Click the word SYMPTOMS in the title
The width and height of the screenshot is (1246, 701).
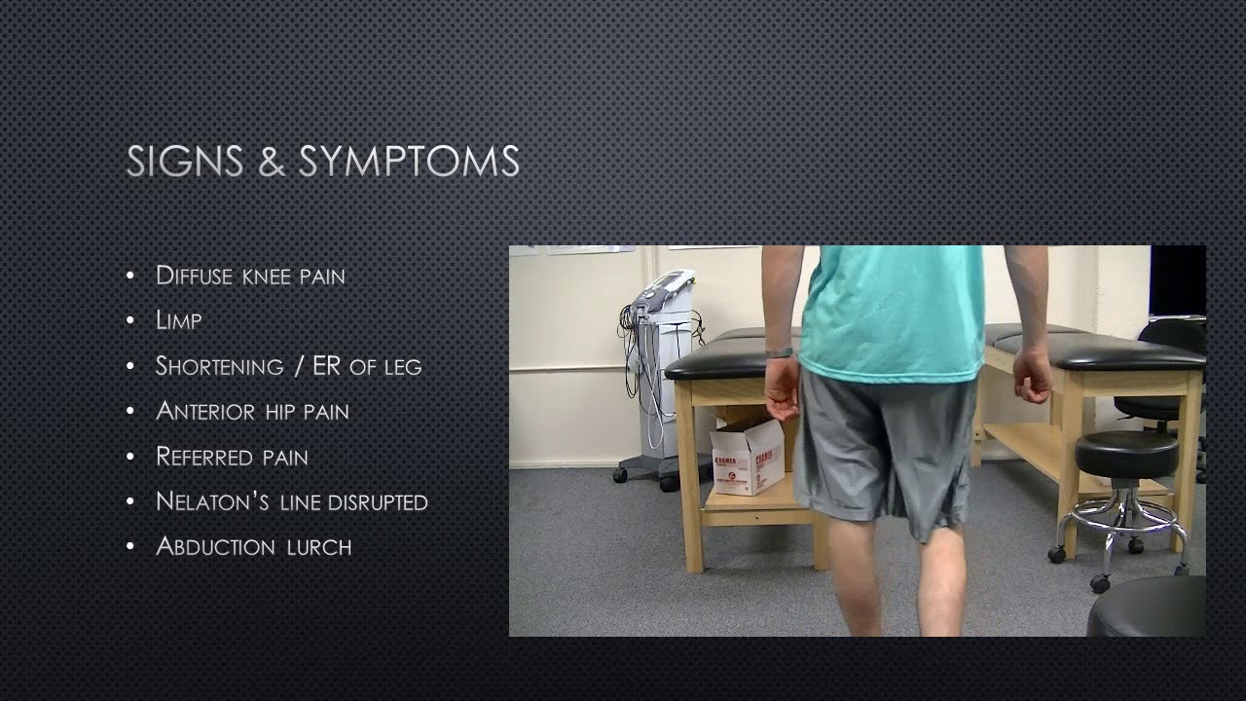tap(409, 162)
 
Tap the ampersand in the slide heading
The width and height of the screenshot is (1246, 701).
tap(271, 162)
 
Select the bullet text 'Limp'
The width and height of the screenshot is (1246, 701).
tap(178, 320)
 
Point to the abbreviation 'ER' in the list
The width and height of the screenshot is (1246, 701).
tap(327, 366)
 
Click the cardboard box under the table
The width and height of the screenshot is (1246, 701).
tap(747, 458)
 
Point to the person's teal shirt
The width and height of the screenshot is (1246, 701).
tap(891, 312)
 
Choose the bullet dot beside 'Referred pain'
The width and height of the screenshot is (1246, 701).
tap(130, 457)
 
